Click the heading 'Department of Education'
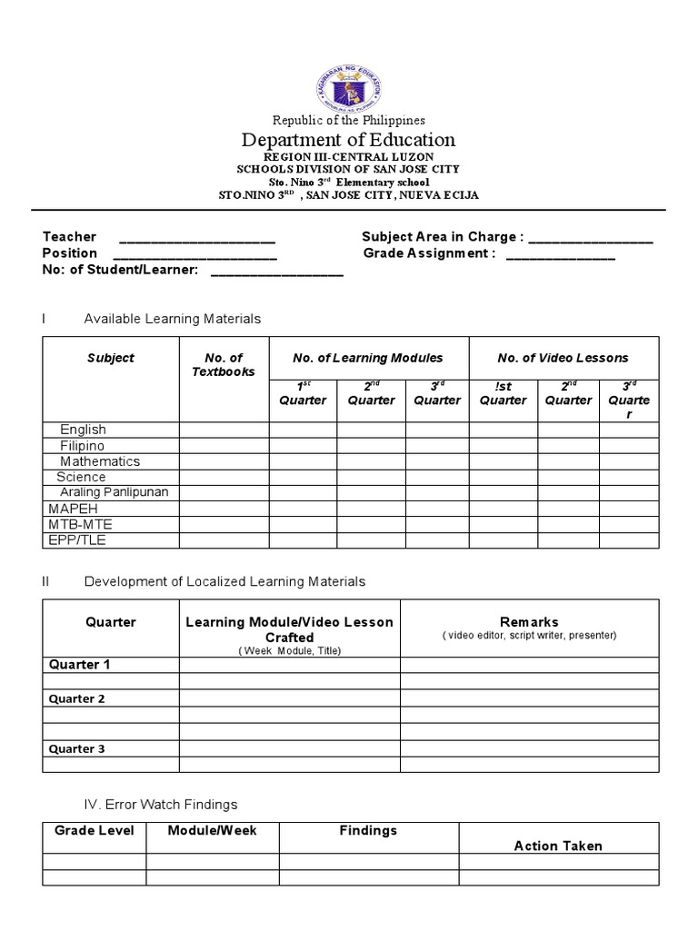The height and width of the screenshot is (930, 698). (x=349, y=140)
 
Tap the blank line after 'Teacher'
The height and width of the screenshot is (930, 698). (x=197, y=238)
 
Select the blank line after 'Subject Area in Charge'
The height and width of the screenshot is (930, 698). (x=590, y=238)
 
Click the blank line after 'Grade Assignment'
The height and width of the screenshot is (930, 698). (x=560, y=254)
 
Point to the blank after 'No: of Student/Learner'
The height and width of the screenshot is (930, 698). (x=276, y=271)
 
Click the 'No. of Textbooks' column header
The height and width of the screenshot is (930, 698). (x=224, y=365)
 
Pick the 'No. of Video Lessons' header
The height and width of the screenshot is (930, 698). (x=563, y=358)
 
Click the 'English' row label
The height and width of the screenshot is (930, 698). (x=83, y=430)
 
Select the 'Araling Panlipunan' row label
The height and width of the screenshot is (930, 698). (x=115, y=492)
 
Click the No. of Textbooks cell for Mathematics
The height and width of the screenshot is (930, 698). (x=224, y=461)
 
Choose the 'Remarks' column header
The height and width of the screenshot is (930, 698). (x=529, y=622)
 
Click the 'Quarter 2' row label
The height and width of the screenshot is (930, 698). (x=77, y=698)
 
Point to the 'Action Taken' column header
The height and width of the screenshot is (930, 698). (x=558, y=846)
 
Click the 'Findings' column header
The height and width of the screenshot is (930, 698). (x=368, y=830)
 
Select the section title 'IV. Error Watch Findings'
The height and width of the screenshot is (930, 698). (x=160, y=804)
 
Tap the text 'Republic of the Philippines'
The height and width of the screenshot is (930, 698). (x=349, y=120)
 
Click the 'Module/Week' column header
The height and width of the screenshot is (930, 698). (x=213, y=830)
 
